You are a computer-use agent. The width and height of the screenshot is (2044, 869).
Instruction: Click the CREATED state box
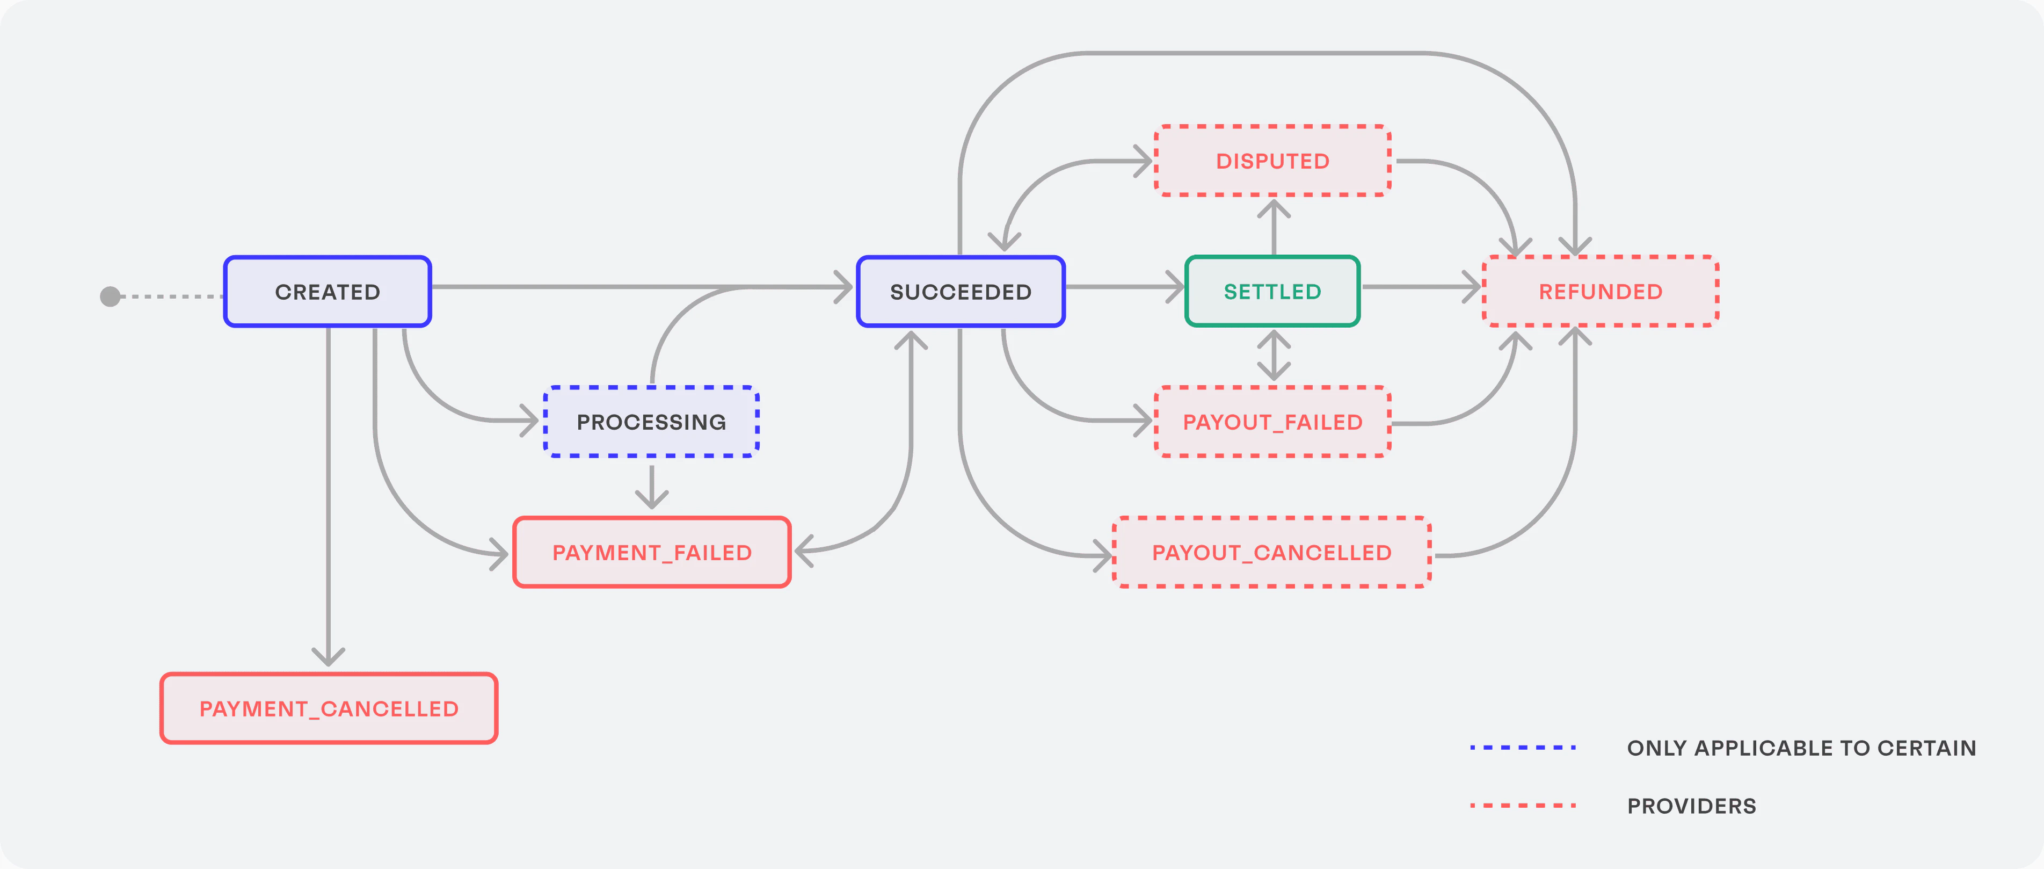(327, 291)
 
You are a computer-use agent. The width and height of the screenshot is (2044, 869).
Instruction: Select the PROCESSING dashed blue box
(651, 422)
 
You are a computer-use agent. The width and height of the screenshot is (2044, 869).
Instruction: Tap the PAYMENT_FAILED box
(651, 552)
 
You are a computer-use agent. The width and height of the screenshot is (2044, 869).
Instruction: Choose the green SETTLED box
(1272, 291)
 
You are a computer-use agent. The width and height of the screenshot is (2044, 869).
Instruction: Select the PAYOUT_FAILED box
(1272, 422)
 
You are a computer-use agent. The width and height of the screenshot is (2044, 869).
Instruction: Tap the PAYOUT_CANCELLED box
(1271, 552)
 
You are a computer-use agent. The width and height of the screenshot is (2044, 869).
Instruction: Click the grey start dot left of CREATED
(110, 296)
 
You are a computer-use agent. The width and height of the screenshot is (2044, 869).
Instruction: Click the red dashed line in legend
(1522, 806)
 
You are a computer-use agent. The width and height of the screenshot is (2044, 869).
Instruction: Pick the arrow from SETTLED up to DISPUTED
(1274, 226)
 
